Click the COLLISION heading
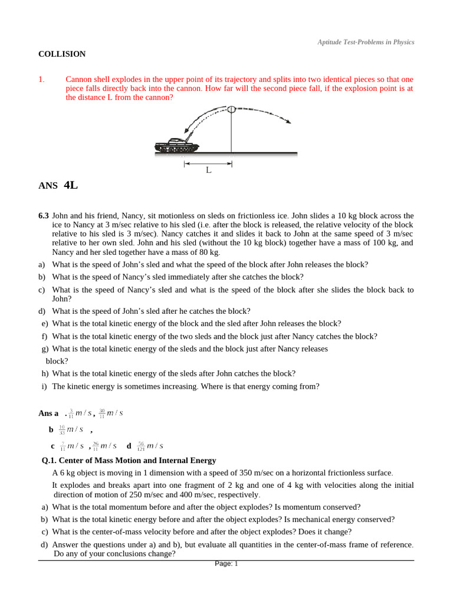point(62,54)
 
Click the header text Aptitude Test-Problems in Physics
point(366,42)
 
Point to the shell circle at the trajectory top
point(231,109)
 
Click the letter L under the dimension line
point(208,170)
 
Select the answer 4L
point(70,185)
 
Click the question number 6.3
point(44,216)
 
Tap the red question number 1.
point(41,79)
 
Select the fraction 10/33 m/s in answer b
point(70,429)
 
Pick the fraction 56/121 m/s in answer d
point(150,446)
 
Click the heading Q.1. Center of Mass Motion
point(129,460)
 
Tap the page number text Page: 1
point(226,564)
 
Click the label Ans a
point(48,413)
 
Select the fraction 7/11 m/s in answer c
point(71,446)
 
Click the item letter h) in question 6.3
point(45,373)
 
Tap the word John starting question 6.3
point(61,216)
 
